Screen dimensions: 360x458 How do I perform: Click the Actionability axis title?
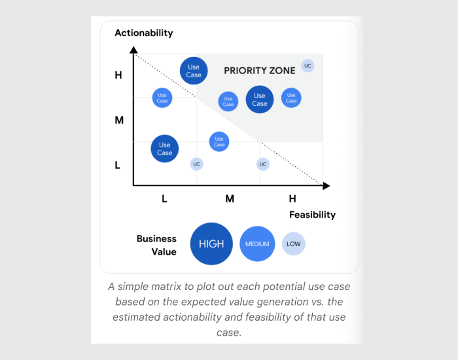pos(144,33)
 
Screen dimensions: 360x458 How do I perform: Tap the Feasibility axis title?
pos(312,215)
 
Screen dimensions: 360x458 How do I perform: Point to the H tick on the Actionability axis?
pos(118,75)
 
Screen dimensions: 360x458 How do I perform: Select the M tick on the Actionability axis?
pos(119,120)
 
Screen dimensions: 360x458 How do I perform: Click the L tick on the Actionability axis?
pos(118,166)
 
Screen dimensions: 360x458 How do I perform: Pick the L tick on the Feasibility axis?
pos(164,198)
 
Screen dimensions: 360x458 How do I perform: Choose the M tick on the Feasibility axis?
pos(230,198)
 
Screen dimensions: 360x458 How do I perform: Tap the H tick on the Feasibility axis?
pos(292,198)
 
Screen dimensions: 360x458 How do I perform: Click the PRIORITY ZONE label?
pos(260,71)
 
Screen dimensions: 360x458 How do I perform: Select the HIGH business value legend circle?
pos(211,244)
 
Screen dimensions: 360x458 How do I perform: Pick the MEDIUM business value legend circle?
pos(257,244)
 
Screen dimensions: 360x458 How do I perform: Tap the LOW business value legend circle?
pos(294,244)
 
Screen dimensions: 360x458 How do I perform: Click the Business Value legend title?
pos(156,245)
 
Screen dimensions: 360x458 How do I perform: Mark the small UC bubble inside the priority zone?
pos(308,65)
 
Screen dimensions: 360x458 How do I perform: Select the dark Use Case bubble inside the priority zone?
pos(260,99)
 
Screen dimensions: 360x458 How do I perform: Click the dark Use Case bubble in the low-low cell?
pos(164,149)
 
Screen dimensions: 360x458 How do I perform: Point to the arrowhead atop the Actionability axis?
pos(133,50)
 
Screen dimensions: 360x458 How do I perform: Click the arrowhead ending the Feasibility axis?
pos(326,186)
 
